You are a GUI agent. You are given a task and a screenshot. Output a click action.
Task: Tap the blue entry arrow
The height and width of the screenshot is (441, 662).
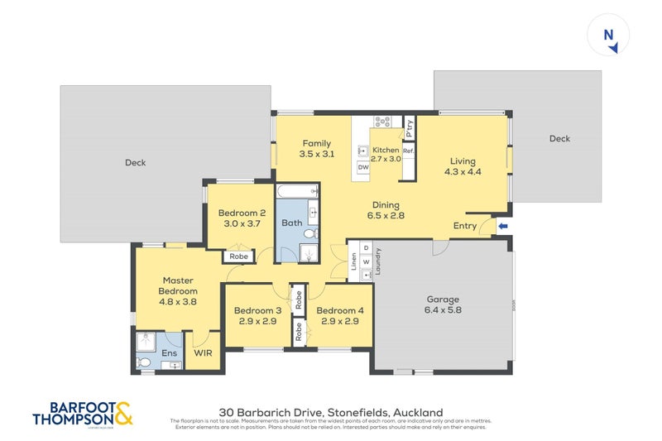pyautogui.click(x=502, y=226)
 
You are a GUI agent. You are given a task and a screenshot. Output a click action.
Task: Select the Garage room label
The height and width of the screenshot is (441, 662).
pyautogui.click(x=443, y=300)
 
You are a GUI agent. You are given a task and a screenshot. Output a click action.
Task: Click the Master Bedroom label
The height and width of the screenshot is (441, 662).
pyautogui.click(x=179, y=285)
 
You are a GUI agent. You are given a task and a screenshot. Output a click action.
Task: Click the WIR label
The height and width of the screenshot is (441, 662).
pyautogui.click(x=204, y=353)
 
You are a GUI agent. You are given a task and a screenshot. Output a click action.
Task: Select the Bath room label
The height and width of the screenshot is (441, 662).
pyautogui.click(x=291, y=223)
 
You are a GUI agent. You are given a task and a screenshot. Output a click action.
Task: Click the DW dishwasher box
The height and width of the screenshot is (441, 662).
pyautogui.click(x=362, y=167)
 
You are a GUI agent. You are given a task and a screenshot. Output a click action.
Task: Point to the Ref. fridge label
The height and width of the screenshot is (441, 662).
pyautogui.click(x=408, y=151)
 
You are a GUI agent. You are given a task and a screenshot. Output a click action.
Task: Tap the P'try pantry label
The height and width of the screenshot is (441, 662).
pyautogui.click(x=409, y=127)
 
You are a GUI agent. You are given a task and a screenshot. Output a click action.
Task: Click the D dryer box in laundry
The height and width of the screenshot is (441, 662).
pyautogui.click(x=366, y=248)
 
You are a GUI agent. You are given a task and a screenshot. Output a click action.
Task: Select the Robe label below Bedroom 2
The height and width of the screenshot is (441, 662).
pyautogui.click(x=238, y=256)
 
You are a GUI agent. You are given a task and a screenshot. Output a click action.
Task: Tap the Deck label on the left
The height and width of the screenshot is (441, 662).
pyautogui.click(x=135, y=163)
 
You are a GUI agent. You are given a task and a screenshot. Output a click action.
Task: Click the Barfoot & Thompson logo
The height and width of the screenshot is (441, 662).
pyautogui.click(x=82, y=414)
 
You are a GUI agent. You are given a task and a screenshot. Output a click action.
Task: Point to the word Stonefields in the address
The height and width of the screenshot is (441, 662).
pyautogui.click(x=351, y=412)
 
